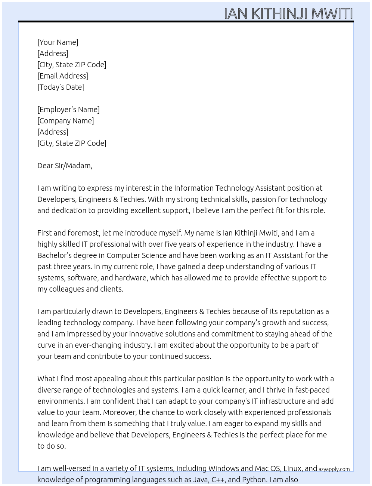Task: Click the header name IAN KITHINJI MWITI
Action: click(x=288, y=13)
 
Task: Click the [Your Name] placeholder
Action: click(x=58, y=42)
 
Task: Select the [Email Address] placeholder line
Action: click(x=63, y=76)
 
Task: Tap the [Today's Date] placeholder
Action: click(x=61, y=87)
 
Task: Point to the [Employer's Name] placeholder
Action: click(x=68, y=110)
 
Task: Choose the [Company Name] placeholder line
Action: click(x=65, y=121)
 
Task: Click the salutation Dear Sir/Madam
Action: click(x=65, y=166)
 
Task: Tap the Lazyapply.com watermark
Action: click(x=333, y=469)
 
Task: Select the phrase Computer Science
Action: click(x=136, y=255)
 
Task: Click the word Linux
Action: click(x=292, y=468)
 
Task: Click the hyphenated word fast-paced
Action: click(x=312, y=390)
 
